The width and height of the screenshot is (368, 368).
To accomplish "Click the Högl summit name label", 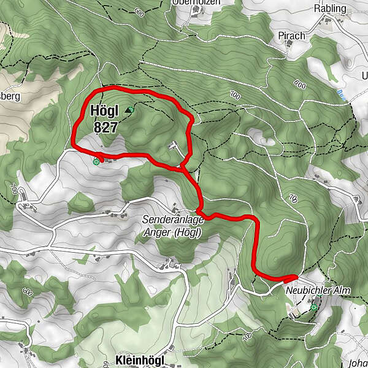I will pyautogui.click(x=104, y=112).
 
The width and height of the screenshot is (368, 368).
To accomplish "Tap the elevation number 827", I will pyautogui.click(x=105, y=126).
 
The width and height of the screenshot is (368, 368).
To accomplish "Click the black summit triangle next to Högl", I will pyautogui.click(x=127, y=110).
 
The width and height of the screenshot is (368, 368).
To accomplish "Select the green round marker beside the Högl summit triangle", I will pyautogui.click(x=131, y=108).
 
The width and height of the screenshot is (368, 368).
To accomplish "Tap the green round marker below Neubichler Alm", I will pyautogui.click(x=314, y=307).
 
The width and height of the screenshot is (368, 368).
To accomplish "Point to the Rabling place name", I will pyautogui.click(x=329, y=9).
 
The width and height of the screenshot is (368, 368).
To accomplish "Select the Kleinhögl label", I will pyautogui.click(x=139, y=361).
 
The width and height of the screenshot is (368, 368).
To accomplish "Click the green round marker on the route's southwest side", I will pyautogui.click(x=96, y=161).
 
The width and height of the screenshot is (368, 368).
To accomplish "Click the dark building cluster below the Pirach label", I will pyautogui.click(x=288, y=50).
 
